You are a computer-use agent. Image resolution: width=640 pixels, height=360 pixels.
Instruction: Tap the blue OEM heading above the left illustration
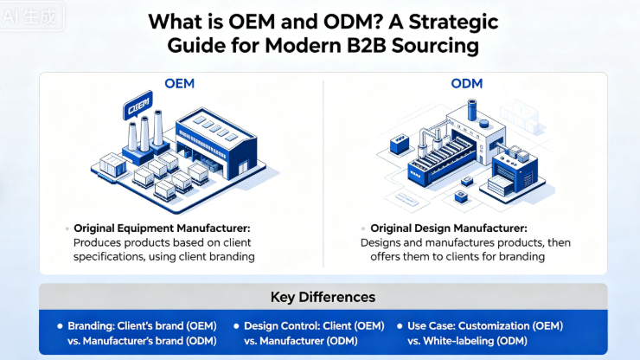(180, 84)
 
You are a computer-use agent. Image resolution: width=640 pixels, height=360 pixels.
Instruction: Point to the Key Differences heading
(323, 297)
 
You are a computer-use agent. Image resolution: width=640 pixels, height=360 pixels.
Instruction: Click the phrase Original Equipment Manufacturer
(164, 228)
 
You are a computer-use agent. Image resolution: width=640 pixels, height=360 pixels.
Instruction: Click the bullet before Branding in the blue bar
(60, 326)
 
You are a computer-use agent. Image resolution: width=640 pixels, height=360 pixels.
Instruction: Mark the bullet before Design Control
(236, 326)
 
